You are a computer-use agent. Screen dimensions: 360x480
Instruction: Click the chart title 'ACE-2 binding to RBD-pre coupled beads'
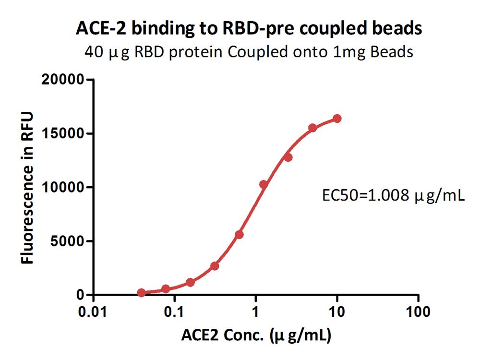[249, 29]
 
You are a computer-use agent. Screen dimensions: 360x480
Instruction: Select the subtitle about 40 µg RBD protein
[248, 52]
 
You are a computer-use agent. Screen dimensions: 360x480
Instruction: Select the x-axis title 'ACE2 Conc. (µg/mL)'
[256, 336]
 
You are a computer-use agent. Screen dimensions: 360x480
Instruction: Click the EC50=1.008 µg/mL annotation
[393, 196]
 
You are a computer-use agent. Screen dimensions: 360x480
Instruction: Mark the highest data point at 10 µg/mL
[337, 119]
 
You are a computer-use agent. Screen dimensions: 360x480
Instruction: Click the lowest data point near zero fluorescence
[141, 293]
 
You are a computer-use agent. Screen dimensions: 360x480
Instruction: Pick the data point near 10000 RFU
[264, 184]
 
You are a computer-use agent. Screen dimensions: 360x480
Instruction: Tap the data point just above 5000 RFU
[239, 234]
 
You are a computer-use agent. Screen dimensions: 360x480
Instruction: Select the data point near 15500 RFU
[312, 128]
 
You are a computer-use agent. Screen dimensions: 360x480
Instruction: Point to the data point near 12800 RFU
[288, 157]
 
